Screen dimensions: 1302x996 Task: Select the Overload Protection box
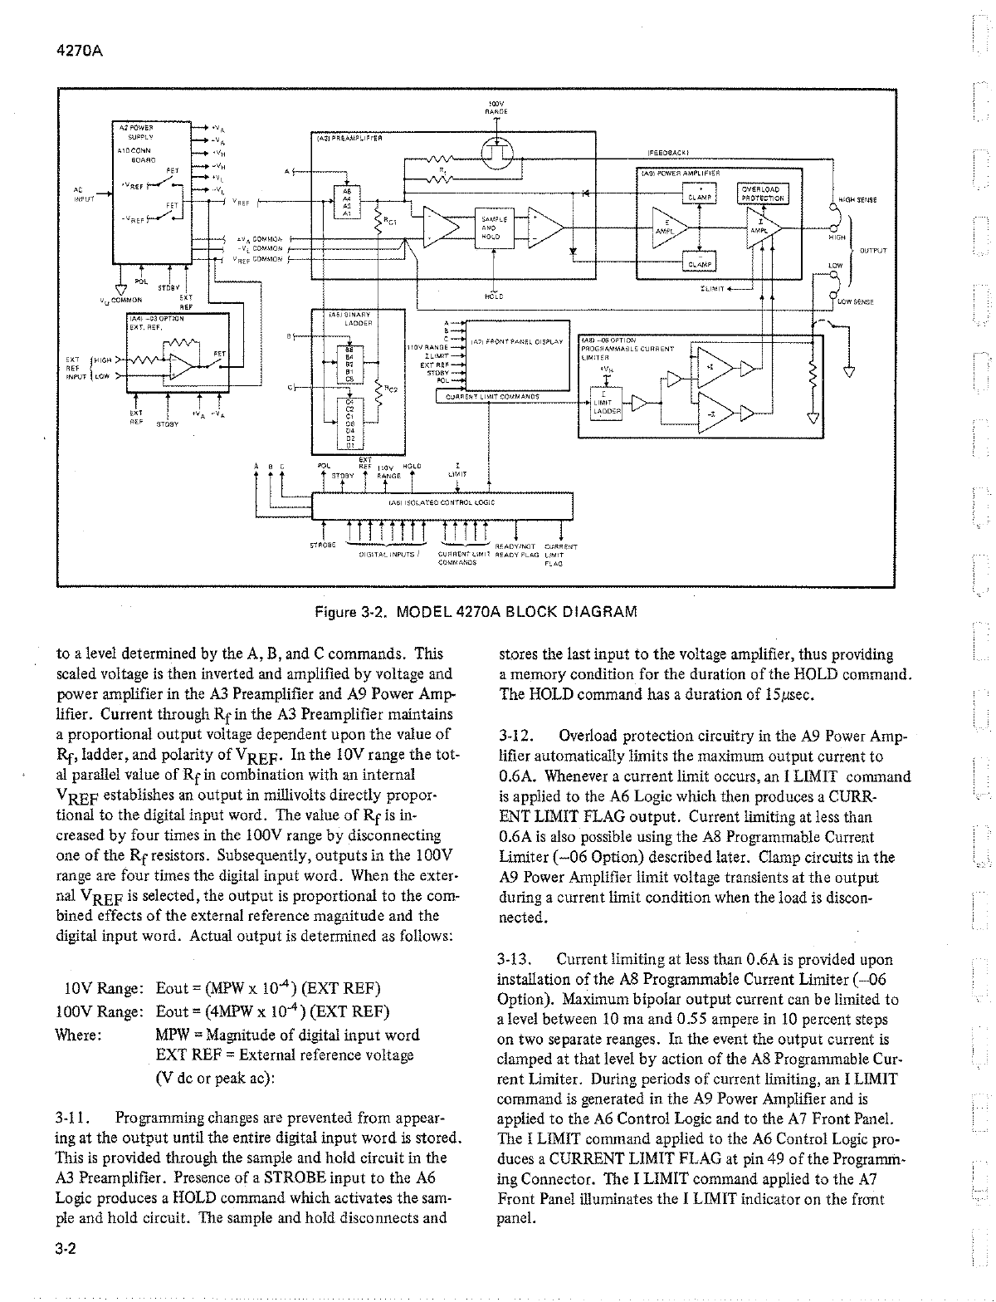click(x=761, y=193)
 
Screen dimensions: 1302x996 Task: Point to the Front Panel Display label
click(x=516, y=341)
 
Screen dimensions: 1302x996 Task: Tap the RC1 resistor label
click(x=390, y=221)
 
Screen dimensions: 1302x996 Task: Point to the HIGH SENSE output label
click(x=857, y=200)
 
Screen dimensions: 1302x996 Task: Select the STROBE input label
click(x=320, y=546)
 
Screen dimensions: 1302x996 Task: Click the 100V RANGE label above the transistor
click(x=496, y=105)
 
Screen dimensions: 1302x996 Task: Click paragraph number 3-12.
click(x=515, y=736)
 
